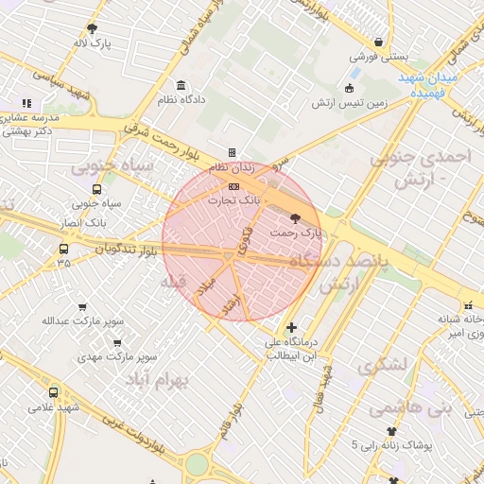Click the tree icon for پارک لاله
tap(92, 28)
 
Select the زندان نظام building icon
tap(232, 152)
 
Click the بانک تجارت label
tap(236, 200)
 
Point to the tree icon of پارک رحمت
tap(297, 218)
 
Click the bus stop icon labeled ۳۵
tap(63, 250)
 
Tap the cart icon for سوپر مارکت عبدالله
tap(82, 307)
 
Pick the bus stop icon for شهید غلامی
tap(52, 391)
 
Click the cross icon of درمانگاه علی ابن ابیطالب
tap(291, 326)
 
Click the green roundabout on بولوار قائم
tap(196, 464)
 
